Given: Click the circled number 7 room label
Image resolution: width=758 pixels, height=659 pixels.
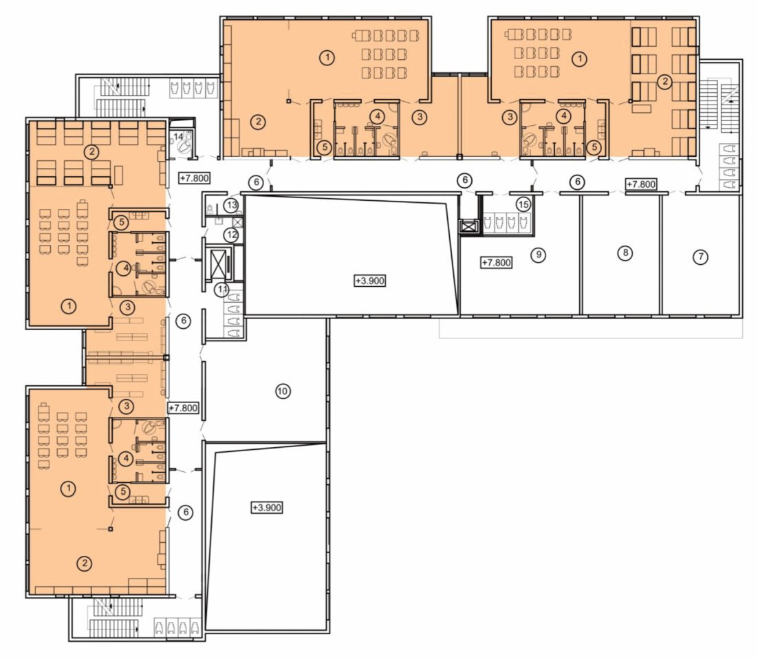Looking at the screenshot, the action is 700,257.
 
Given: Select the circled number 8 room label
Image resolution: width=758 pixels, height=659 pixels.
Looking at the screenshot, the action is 625,252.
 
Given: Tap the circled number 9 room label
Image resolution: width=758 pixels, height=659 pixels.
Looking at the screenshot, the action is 538,254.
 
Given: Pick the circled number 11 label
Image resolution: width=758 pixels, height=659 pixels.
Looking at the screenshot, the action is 222,290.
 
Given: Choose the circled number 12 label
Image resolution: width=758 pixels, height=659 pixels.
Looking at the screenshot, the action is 231,235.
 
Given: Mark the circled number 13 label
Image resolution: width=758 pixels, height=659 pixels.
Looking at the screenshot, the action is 232,205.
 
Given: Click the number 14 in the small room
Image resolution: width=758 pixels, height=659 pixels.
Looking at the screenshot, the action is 179,137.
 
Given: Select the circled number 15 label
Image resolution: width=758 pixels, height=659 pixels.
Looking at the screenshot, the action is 523,204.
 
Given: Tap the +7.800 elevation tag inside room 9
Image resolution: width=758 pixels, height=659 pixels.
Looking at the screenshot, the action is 497,263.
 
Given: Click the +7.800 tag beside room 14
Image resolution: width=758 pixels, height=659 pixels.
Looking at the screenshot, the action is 195,178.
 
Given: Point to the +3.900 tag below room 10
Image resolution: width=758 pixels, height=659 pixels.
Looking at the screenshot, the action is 267,508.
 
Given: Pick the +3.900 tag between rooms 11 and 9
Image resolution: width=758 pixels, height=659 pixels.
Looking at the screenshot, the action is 370,281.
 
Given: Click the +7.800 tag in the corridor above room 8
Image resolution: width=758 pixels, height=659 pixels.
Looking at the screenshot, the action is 642,184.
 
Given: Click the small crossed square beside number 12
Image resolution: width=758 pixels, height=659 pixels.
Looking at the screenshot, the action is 238,222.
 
